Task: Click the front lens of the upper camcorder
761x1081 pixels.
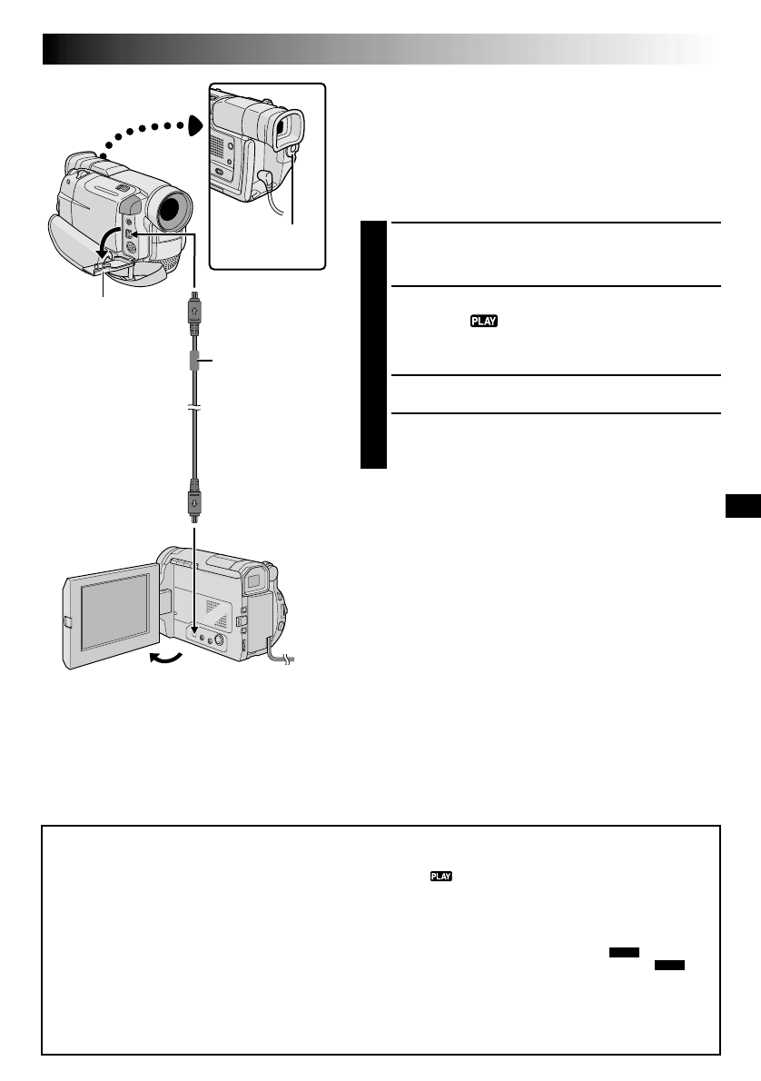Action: tap(173, 211)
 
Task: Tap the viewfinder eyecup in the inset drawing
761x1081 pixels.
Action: tap(290, 128)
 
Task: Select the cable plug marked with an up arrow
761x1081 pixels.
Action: tap(194, 308)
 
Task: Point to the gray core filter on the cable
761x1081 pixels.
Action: tap(194, 361)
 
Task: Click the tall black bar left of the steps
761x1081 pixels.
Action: tap(373, 345)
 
